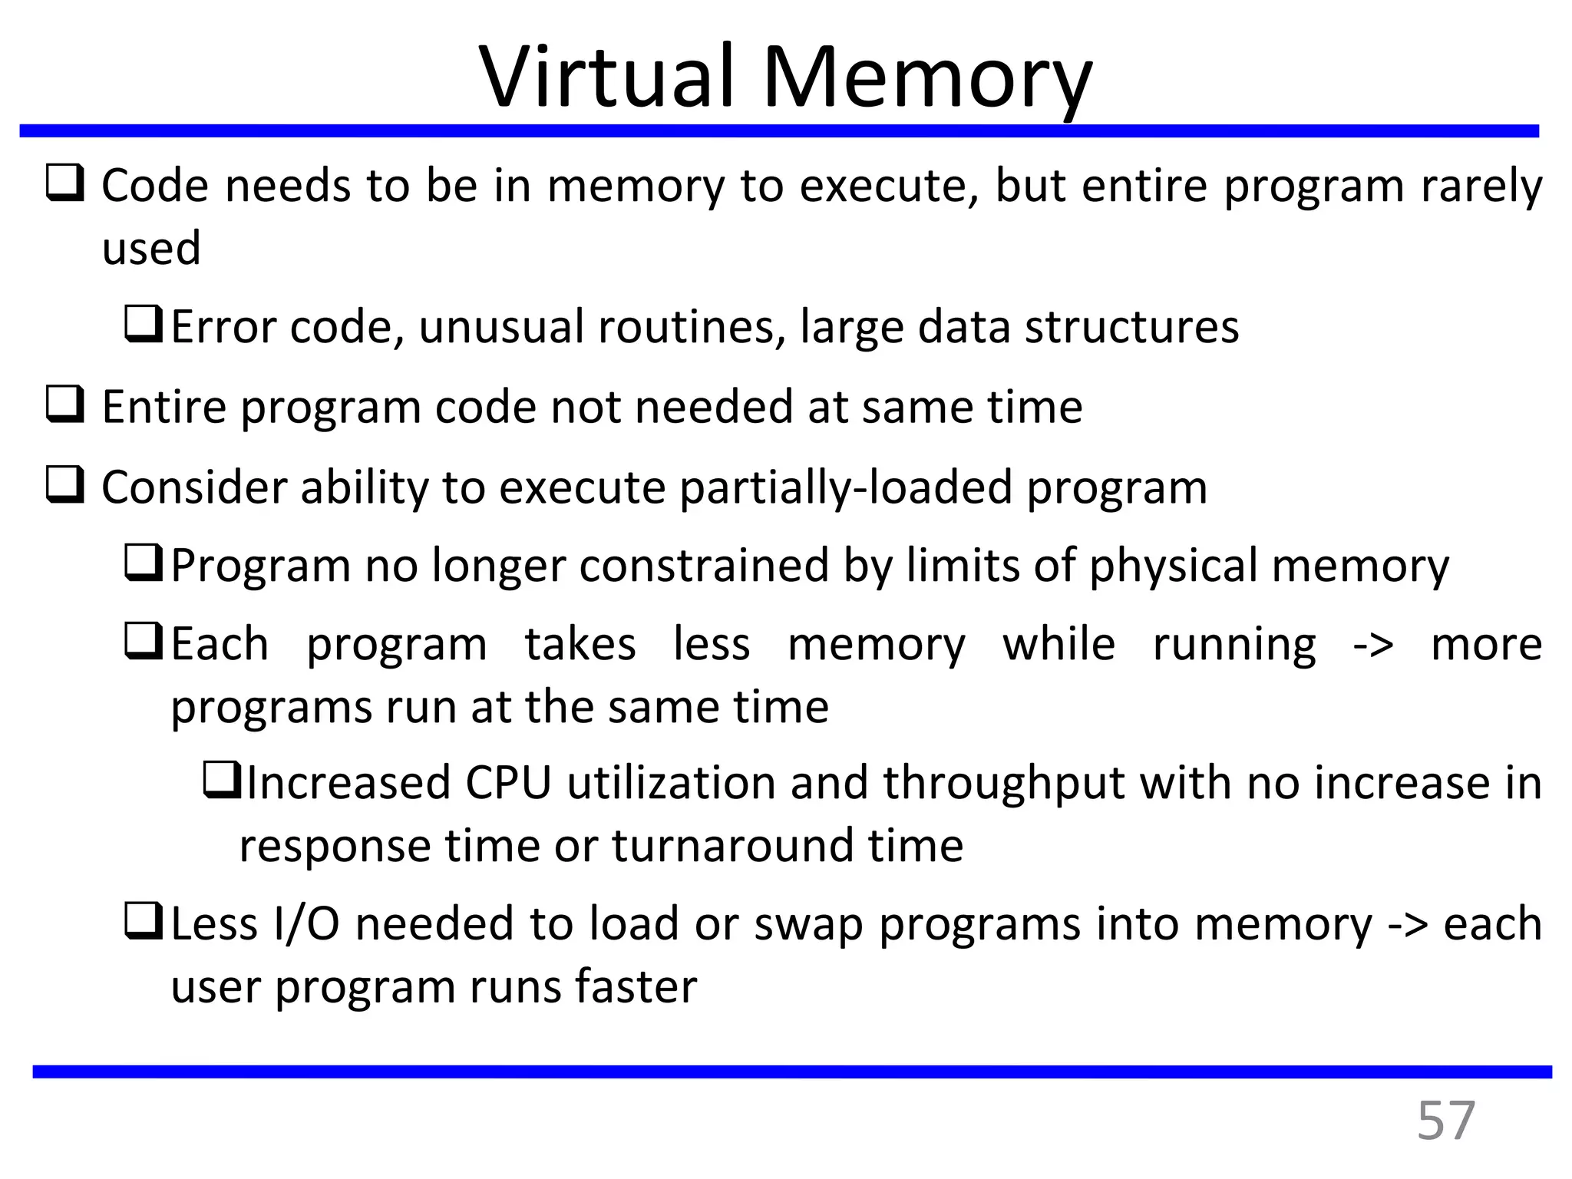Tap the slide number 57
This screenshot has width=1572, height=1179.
1445,1121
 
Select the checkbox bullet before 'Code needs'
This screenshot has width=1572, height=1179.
65,184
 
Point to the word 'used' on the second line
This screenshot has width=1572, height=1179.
151,248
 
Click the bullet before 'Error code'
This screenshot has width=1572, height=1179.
143,325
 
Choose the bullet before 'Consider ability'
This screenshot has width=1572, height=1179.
65,485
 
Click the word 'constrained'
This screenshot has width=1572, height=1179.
704,566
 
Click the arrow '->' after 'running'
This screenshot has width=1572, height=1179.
1372,645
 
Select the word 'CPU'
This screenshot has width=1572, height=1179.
508,783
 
